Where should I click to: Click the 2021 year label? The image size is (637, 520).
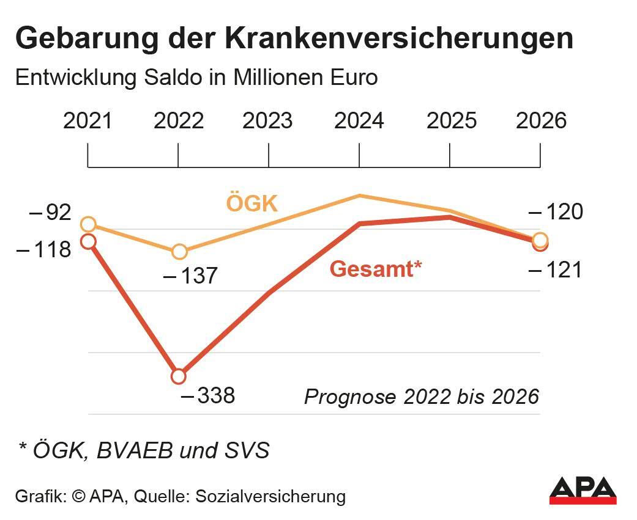(88, 120)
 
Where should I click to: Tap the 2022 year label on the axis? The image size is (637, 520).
(179, 120)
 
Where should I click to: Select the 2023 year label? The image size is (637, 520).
(267, 120)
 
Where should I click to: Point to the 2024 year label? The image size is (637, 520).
(359, 120)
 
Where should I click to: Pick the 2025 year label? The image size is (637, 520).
(452, 120)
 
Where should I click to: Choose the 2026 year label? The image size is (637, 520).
(542, 120)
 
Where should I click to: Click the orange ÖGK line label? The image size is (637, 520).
(252, 203)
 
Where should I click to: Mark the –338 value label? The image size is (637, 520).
(208, 396)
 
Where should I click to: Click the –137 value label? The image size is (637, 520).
(190, 276)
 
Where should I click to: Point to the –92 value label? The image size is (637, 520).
(50, 213)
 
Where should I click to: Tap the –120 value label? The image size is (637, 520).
(555, 213)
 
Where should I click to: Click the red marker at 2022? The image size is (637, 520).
(178, 376)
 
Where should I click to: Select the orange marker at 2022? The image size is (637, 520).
(179, 251)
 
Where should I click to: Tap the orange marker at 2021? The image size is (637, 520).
(88, 224)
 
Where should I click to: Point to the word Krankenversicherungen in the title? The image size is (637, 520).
(399, 38)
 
